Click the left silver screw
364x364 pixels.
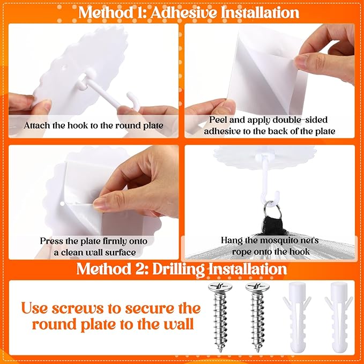pyautogui.click(x=220, y=317)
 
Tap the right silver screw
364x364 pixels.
pyautogui.click(x=257, y=317)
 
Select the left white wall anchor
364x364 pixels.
pyautogui.click(x=297, y=317)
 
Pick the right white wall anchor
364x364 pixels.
pyautogui.click(x=339, y=317)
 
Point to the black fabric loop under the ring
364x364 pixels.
pyautogui.click(x=272, y=225)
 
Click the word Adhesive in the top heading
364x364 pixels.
pyautogui.click(x=184, y=12)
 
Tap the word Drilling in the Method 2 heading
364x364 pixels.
pyautogui.click(x=179, y=270)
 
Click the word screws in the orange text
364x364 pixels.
pyautogui.click(x=78, y=309)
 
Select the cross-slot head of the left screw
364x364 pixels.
pyautogui.click(x=220, y=287)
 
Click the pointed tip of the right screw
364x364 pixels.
pyautogui.click(x=258, y=351)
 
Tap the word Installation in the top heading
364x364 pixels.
pyautogui.click(x=260, y=12)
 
